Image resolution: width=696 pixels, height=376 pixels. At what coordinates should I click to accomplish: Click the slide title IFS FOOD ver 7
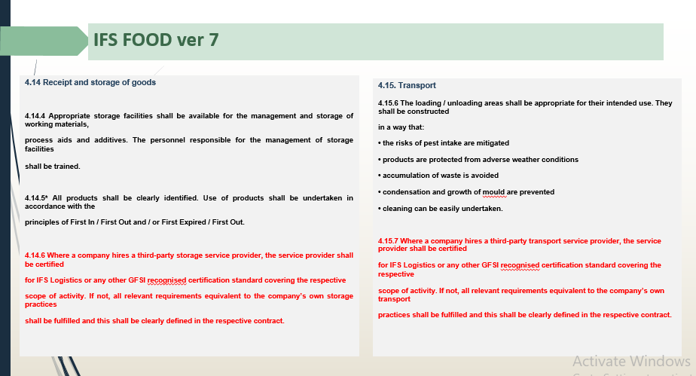156,40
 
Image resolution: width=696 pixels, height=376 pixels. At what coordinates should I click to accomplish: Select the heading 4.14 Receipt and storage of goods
90,82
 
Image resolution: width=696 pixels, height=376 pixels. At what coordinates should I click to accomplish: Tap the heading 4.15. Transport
407,85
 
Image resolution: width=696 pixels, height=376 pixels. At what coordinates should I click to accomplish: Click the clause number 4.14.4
35,116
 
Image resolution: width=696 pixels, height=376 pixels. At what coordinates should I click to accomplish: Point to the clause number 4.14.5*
36,198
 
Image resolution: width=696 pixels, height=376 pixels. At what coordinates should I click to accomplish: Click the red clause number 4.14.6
35,255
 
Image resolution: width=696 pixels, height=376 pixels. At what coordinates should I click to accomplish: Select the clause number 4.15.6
388,103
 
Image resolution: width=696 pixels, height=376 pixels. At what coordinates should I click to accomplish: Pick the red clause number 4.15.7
388,241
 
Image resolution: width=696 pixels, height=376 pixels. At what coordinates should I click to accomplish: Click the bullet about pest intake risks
444,143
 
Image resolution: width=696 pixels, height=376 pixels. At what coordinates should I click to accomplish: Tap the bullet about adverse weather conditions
478,160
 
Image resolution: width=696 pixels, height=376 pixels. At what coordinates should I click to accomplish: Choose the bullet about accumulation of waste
438,176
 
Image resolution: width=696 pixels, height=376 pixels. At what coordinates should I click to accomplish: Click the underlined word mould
493,192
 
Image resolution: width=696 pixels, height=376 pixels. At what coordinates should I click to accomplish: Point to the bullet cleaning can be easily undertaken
441,209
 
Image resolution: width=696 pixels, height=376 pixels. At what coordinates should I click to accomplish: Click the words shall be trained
53,167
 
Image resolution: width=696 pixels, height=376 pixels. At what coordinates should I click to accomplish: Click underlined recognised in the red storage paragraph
167,280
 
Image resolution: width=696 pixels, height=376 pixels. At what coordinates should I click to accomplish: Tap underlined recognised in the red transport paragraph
520,265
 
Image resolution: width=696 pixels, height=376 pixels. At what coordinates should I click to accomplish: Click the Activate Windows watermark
631,362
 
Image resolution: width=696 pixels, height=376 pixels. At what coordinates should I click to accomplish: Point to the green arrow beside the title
44,41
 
